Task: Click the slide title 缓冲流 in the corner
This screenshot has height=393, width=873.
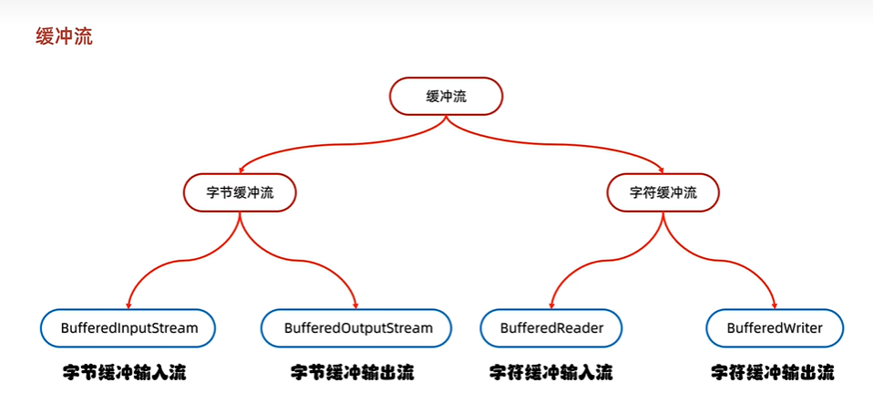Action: coord(64,37)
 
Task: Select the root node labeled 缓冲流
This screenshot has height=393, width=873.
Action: coord(446,97)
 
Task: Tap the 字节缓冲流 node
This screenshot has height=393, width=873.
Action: coord(241,192)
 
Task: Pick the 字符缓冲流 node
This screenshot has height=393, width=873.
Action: coord(662,192)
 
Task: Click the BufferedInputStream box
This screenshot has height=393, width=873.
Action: coord(128,328)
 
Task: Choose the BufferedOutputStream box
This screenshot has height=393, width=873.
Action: coord(356,328)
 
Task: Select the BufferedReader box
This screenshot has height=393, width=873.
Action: coord(551,328)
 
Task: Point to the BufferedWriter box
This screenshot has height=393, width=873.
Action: coord(775,328)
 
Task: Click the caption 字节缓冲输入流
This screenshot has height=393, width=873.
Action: coord(129,372)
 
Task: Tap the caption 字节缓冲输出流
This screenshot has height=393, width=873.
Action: coord(352,372)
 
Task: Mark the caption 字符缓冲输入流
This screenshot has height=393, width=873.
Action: coord(550,372)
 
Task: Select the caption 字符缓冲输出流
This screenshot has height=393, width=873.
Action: coord(772,372)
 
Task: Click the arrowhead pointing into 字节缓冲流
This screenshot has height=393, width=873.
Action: coord(241,169)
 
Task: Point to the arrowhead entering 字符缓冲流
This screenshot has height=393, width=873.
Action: coord(662,169)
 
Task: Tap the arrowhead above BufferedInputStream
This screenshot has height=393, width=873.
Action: coord(128,305)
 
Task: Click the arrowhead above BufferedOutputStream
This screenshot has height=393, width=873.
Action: coord(355,305)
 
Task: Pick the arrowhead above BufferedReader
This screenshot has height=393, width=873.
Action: coord(551,305)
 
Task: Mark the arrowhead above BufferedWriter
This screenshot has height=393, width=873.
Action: coord(775,305)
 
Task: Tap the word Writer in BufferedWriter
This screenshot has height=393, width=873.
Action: coord(802,328)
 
